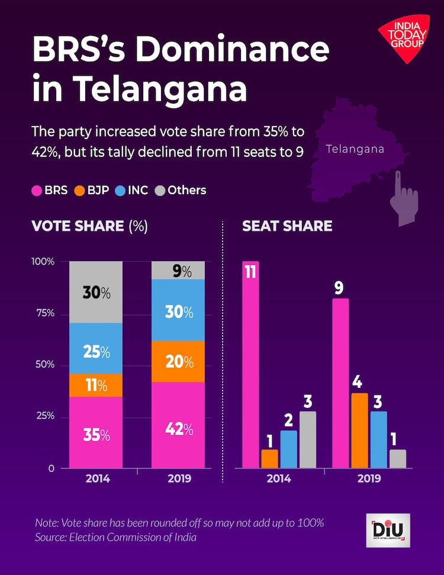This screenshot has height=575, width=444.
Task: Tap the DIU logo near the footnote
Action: (388, 530)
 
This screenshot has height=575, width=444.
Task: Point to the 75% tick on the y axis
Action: (43, 313)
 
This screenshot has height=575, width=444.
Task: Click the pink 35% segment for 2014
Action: (96, 432)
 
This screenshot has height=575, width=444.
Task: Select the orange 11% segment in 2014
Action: (96, 386)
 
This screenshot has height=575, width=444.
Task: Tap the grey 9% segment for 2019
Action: (178, 271)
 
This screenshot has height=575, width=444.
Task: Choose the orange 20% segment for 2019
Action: (178, 361)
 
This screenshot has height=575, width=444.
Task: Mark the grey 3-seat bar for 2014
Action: (307, 440)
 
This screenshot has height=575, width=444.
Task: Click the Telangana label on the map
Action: (355, 149)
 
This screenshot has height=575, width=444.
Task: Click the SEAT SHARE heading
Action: (287, 226)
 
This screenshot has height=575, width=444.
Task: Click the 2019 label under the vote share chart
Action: (178, 478)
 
